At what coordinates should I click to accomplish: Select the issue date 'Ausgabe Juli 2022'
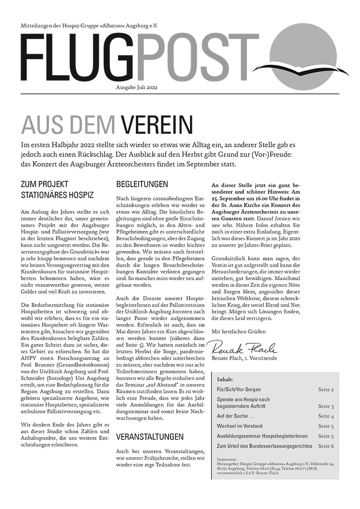(x=137, y=87)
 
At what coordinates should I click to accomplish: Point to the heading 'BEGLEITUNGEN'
(x=142, y=184)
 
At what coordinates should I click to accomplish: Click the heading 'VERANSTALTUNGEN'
(x=150, y=437)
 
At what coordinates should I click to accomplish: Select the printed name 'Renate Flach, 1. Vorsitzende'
(x=244, y=358)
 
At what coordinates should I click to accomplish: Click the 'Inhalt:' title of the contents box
(x=226, y=379)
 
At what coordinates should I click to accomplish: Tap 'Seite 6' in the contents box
(x=326, y=446)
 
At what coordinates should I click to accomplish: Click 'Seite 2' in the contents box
(x=326, y=390)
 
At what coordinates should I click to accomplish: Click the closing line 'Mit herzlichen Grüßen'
(x=239, y=331)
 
